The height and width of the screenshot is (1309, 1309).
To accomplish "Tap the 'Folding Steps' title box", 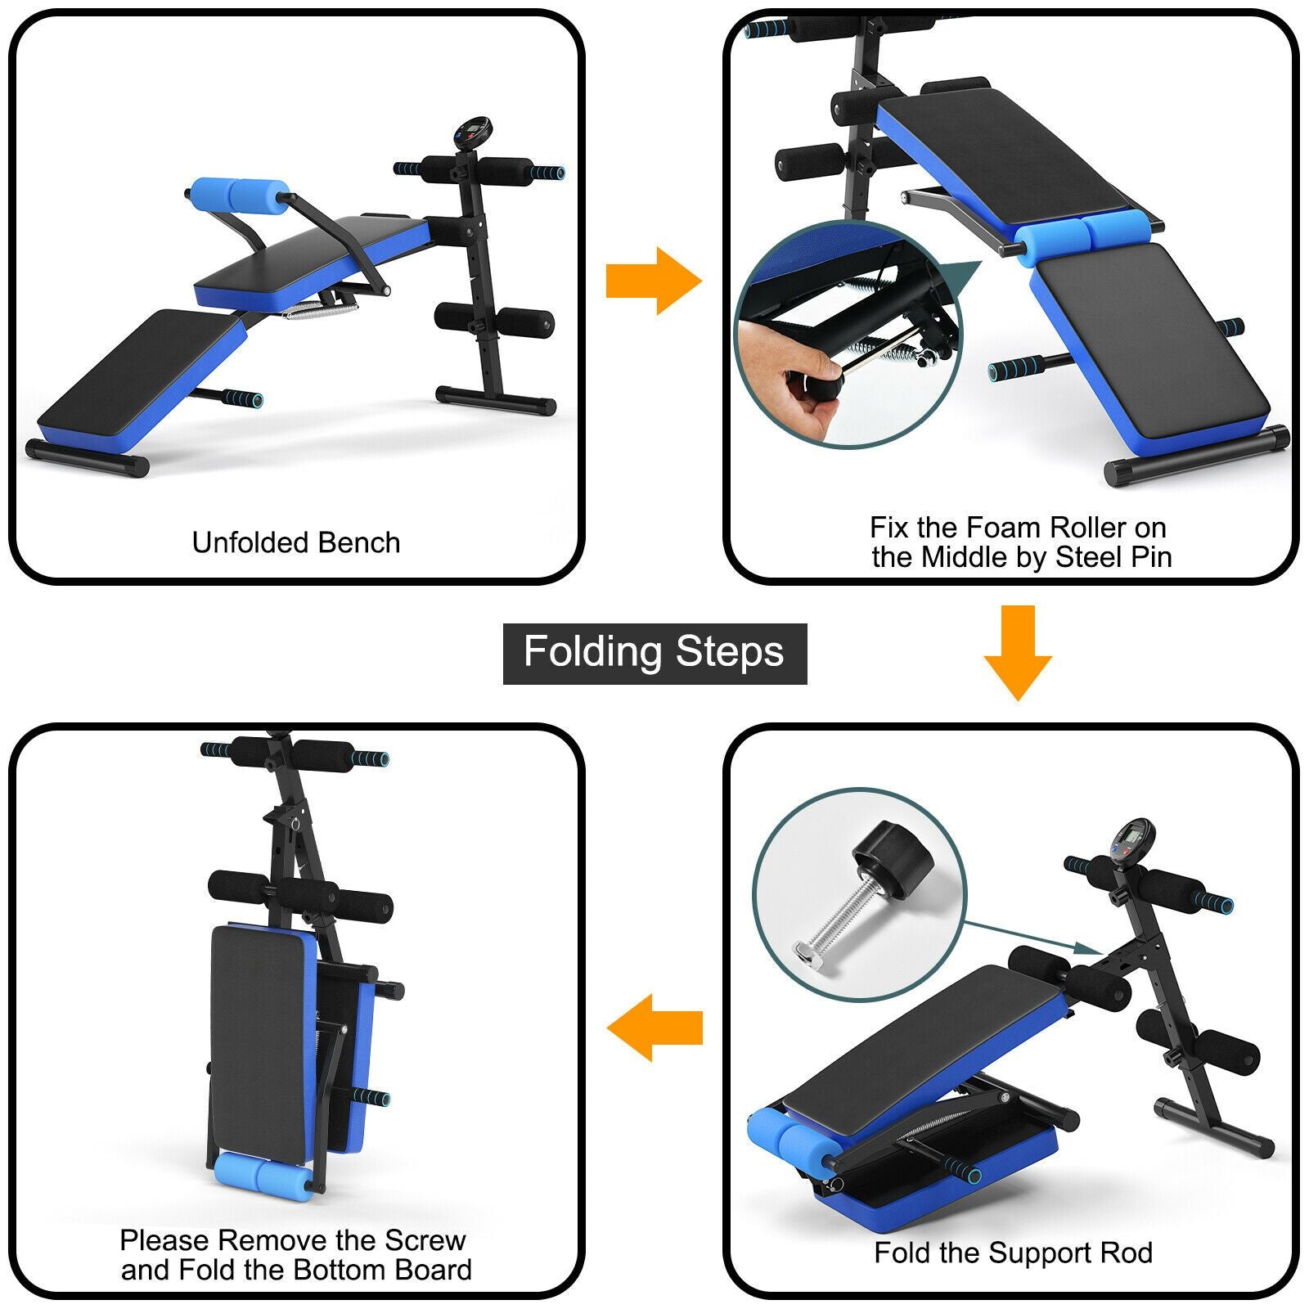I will (654, 653).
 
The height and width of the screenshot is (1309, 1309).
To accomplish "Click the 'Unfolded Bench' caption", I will (296, 542).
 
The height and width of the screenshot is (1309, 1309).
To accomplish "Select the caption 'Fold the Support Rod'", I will (1013, 1253).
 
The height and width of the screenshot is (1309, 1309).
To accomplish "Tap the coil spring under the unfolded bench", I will (321, 310).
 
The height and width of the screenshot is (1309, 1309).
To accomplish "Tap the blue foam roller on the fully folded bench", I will (262, 1175).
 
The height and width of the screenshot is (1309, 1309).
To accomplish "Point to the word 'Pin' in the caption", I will (1150, 557).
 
